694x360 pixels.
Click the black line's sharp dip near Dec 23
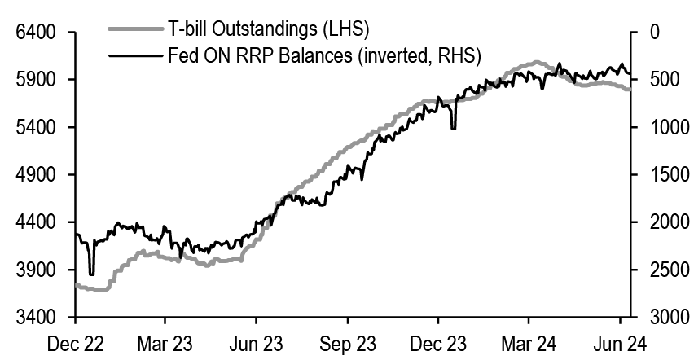point(453,127)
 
